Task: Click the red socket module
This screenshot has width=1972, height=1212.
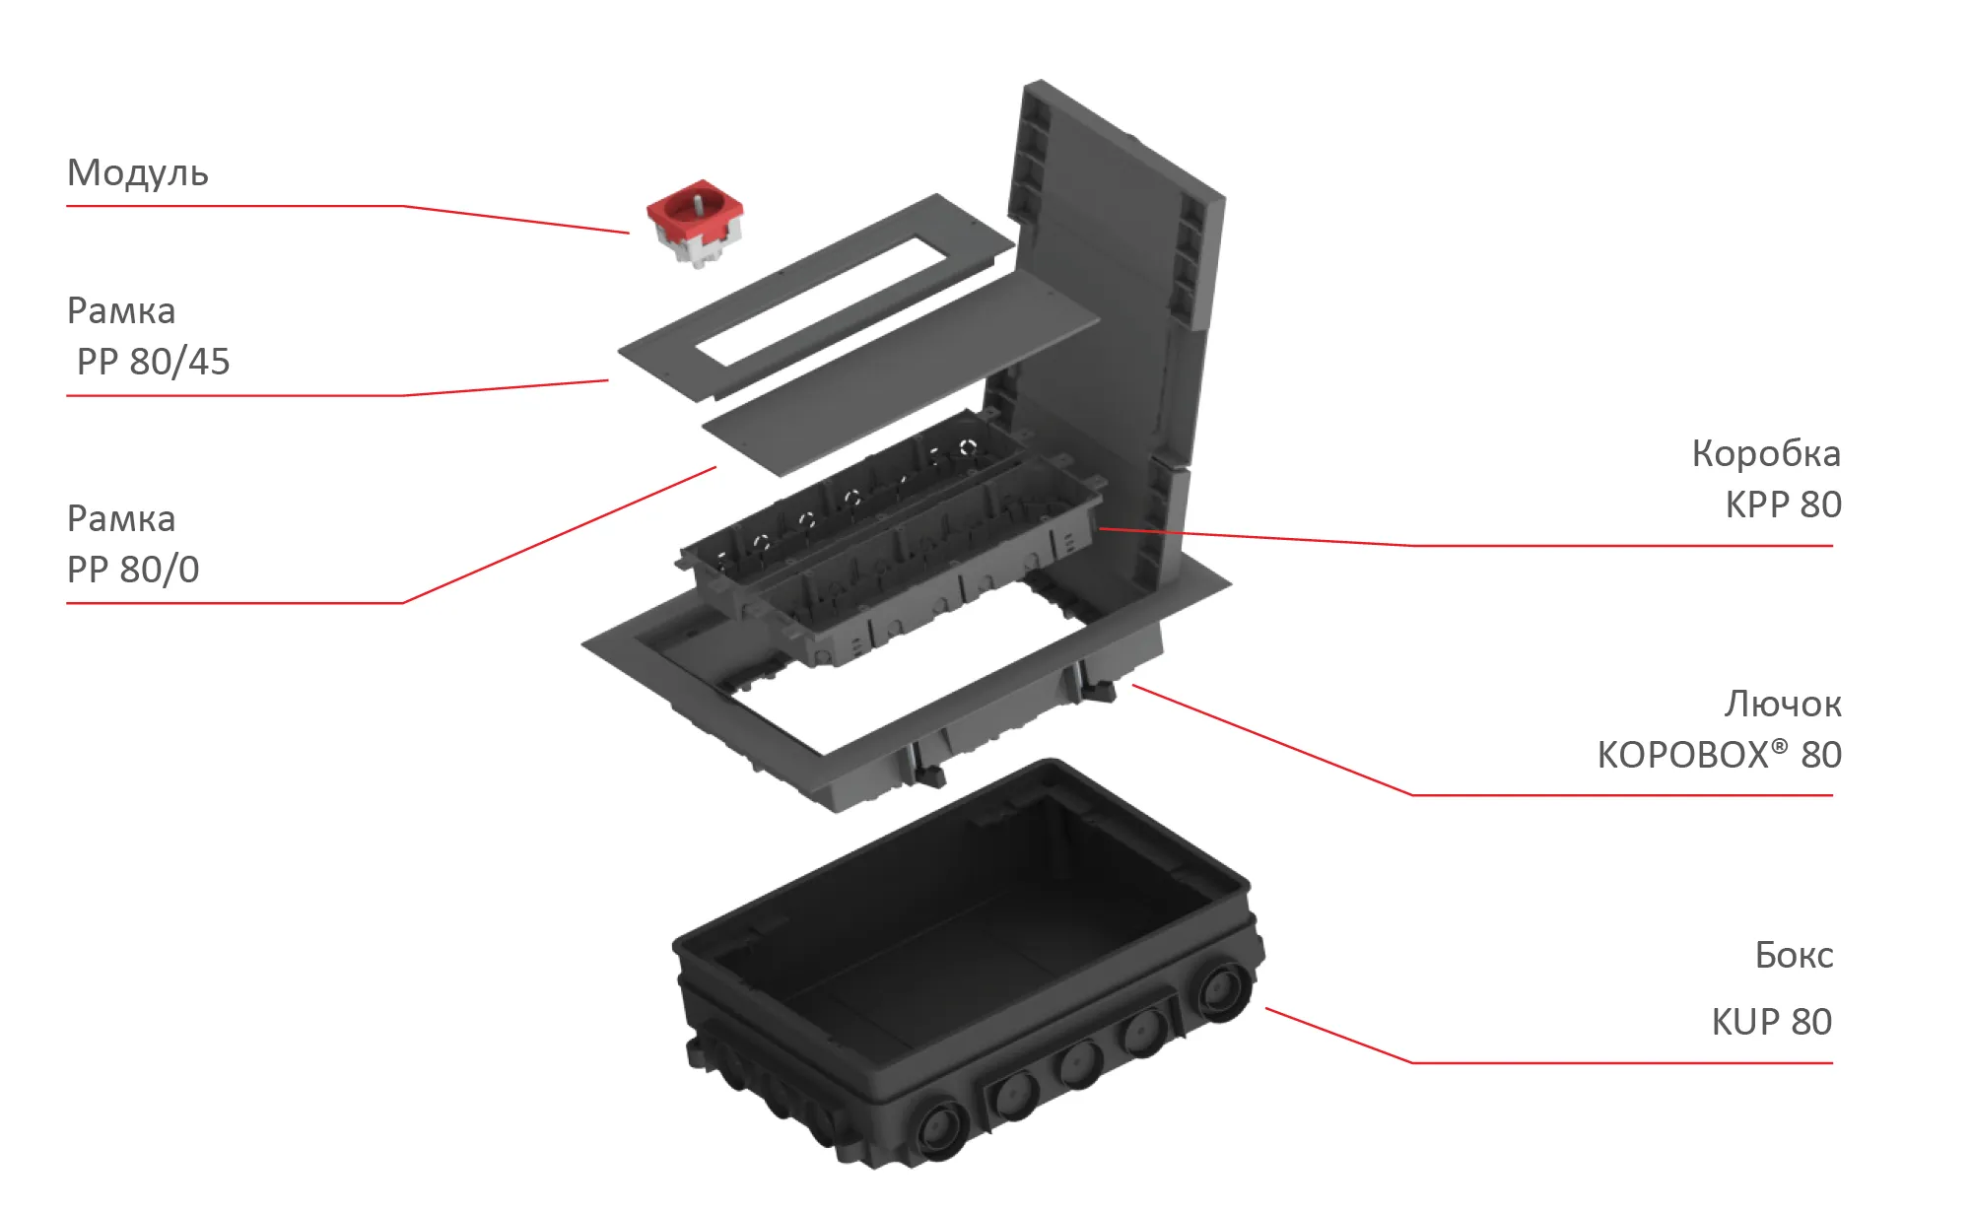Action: (x=694, y=224)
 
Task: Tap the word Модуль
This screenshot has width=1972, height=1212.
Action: (x=138, y=173)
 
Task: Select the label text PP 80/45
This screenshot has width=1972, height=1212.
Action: (x=154, y=362)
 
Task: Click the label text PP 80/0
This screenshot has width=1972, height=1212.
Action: (x=133, y=570)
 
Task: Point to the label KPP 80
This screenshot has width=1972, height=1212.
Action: (x=1783, y=505)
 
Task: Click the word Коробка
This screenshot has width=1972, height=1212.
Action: (x=1766, y=453)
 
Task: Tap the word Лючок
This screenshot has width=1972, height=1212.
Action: (x=1783, y=704)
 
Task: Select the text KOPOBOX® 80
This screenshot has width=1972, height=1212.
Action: (x=1720, y=755)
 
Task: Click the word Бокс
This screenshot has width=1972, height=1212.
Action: (x=1794, y=955)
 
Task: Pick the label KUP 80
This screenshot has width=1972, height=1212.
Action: (x=1772, y=1022)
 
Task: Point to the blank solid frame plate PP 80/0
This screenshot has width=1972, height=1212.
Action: (x=901, y=374)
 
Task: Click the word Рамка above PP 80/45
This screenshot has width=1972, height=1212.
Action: (x=121, y=311)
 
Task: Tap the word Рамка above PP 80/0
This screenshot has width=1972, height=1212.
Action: (x=121, y=519)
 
